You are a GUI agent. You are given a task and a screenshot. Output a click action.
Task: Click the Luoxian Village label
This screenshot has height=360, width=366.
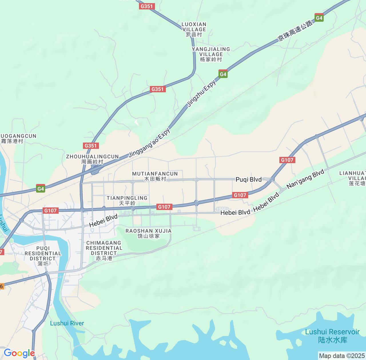pyautogui.click(x=194, y=29)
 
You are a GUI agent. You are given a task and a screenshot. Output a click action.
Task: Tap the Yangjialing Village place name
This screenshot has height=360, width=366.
pyautogui.click(x=211, y=54)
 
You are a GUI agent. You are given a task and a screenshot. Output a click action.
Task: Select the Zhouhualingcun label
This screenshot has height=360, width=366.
pyautogui.click(x=92, y=159)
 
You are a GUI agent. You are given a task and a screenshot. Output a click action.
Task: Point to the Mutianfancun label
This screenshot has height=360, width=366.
pyautogui.click(x=155, y=176)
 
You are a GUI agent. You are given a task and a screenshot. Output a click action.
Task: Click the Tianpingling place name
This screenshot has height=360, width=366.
pyautogui.click(x=127, y=201)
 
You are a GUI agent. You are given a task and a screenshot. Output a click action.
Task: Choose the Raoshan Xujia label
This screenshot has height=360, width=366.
pyautogui.click(x=148, y=233)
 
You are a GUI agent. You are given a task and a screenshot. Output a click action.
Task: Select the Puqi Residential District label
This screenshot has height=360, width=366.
pyautogui.click(x=43, y=256)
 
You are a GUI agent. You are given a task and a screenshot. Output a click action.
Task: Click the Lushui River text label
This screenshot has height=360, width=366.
pyautogui.click(x=67, y=323)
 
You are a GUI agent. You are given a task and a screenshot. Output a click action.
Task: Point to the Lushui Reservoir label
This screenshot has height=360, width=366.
pyautogui.click(x=332, y=336)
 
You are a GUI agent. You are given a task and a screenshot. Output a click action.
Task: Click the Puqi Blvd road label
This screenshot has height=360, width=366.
pyautogui.click(x=248, y=179)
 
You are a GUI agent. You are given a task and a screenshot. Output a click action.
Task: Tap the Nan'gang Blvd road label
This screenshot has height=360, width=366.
pyautogui.click(x=305, y=179)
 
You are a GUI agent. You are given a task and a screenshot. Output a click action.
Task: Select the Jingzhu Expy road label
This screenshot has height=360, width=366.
pyautogui.click(x=201, y=93)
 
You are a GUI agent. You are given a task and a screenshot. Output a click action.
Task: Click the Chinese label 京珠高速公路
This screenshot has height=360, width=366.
pyautogui.click(x=295, y=31)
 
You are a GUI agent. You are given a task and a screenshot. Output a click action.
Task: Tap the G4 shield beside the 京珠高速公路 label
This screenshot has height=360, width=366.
pyautogui.click(x=319, y=18)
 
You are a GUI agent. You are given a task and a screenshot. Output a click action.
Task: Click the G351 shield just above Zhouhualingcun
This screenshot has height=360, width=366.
pyautogui.click(x=91, y=146)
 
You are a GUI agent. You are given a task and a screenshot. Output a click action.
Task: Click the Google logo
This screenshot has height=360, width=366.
pyautogui.click(x=19, y=353)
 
